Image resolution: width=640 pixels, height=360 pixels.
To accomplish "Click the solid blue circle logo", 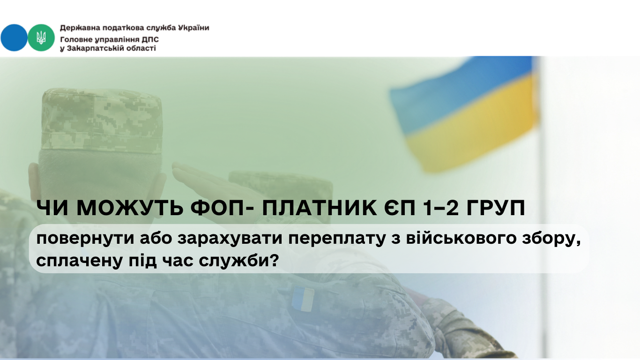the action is pyautogui.click(x=14, y=38).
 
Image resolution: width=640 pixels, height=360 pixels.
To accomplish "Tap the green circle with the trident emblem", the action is pyautogui.click(x=41, y=38).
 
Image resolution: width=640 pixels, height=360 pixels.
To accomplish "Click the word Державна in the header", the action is pyautogui.click(x=76, y=28).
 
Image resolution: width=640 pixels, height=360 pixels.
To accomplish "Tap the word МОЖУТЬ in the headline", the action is pyautogui.click(x=130, y=208).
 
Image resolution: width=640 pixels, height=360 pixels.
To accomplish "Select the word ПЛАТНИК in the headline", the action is pyautogui.click(x=320, y=208).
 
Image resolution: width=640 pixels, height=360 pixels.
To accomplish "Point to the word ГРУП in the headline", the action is pyautogui.click(x=496, y=208).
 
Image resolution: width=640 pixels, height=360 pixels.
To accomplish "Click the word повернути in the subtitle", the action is pyautogui.click(x=85, y=239).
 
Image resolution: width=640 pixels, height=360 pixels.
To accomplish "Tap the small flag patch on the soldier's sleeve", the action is pyautogui.click(x=303, y=299).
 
